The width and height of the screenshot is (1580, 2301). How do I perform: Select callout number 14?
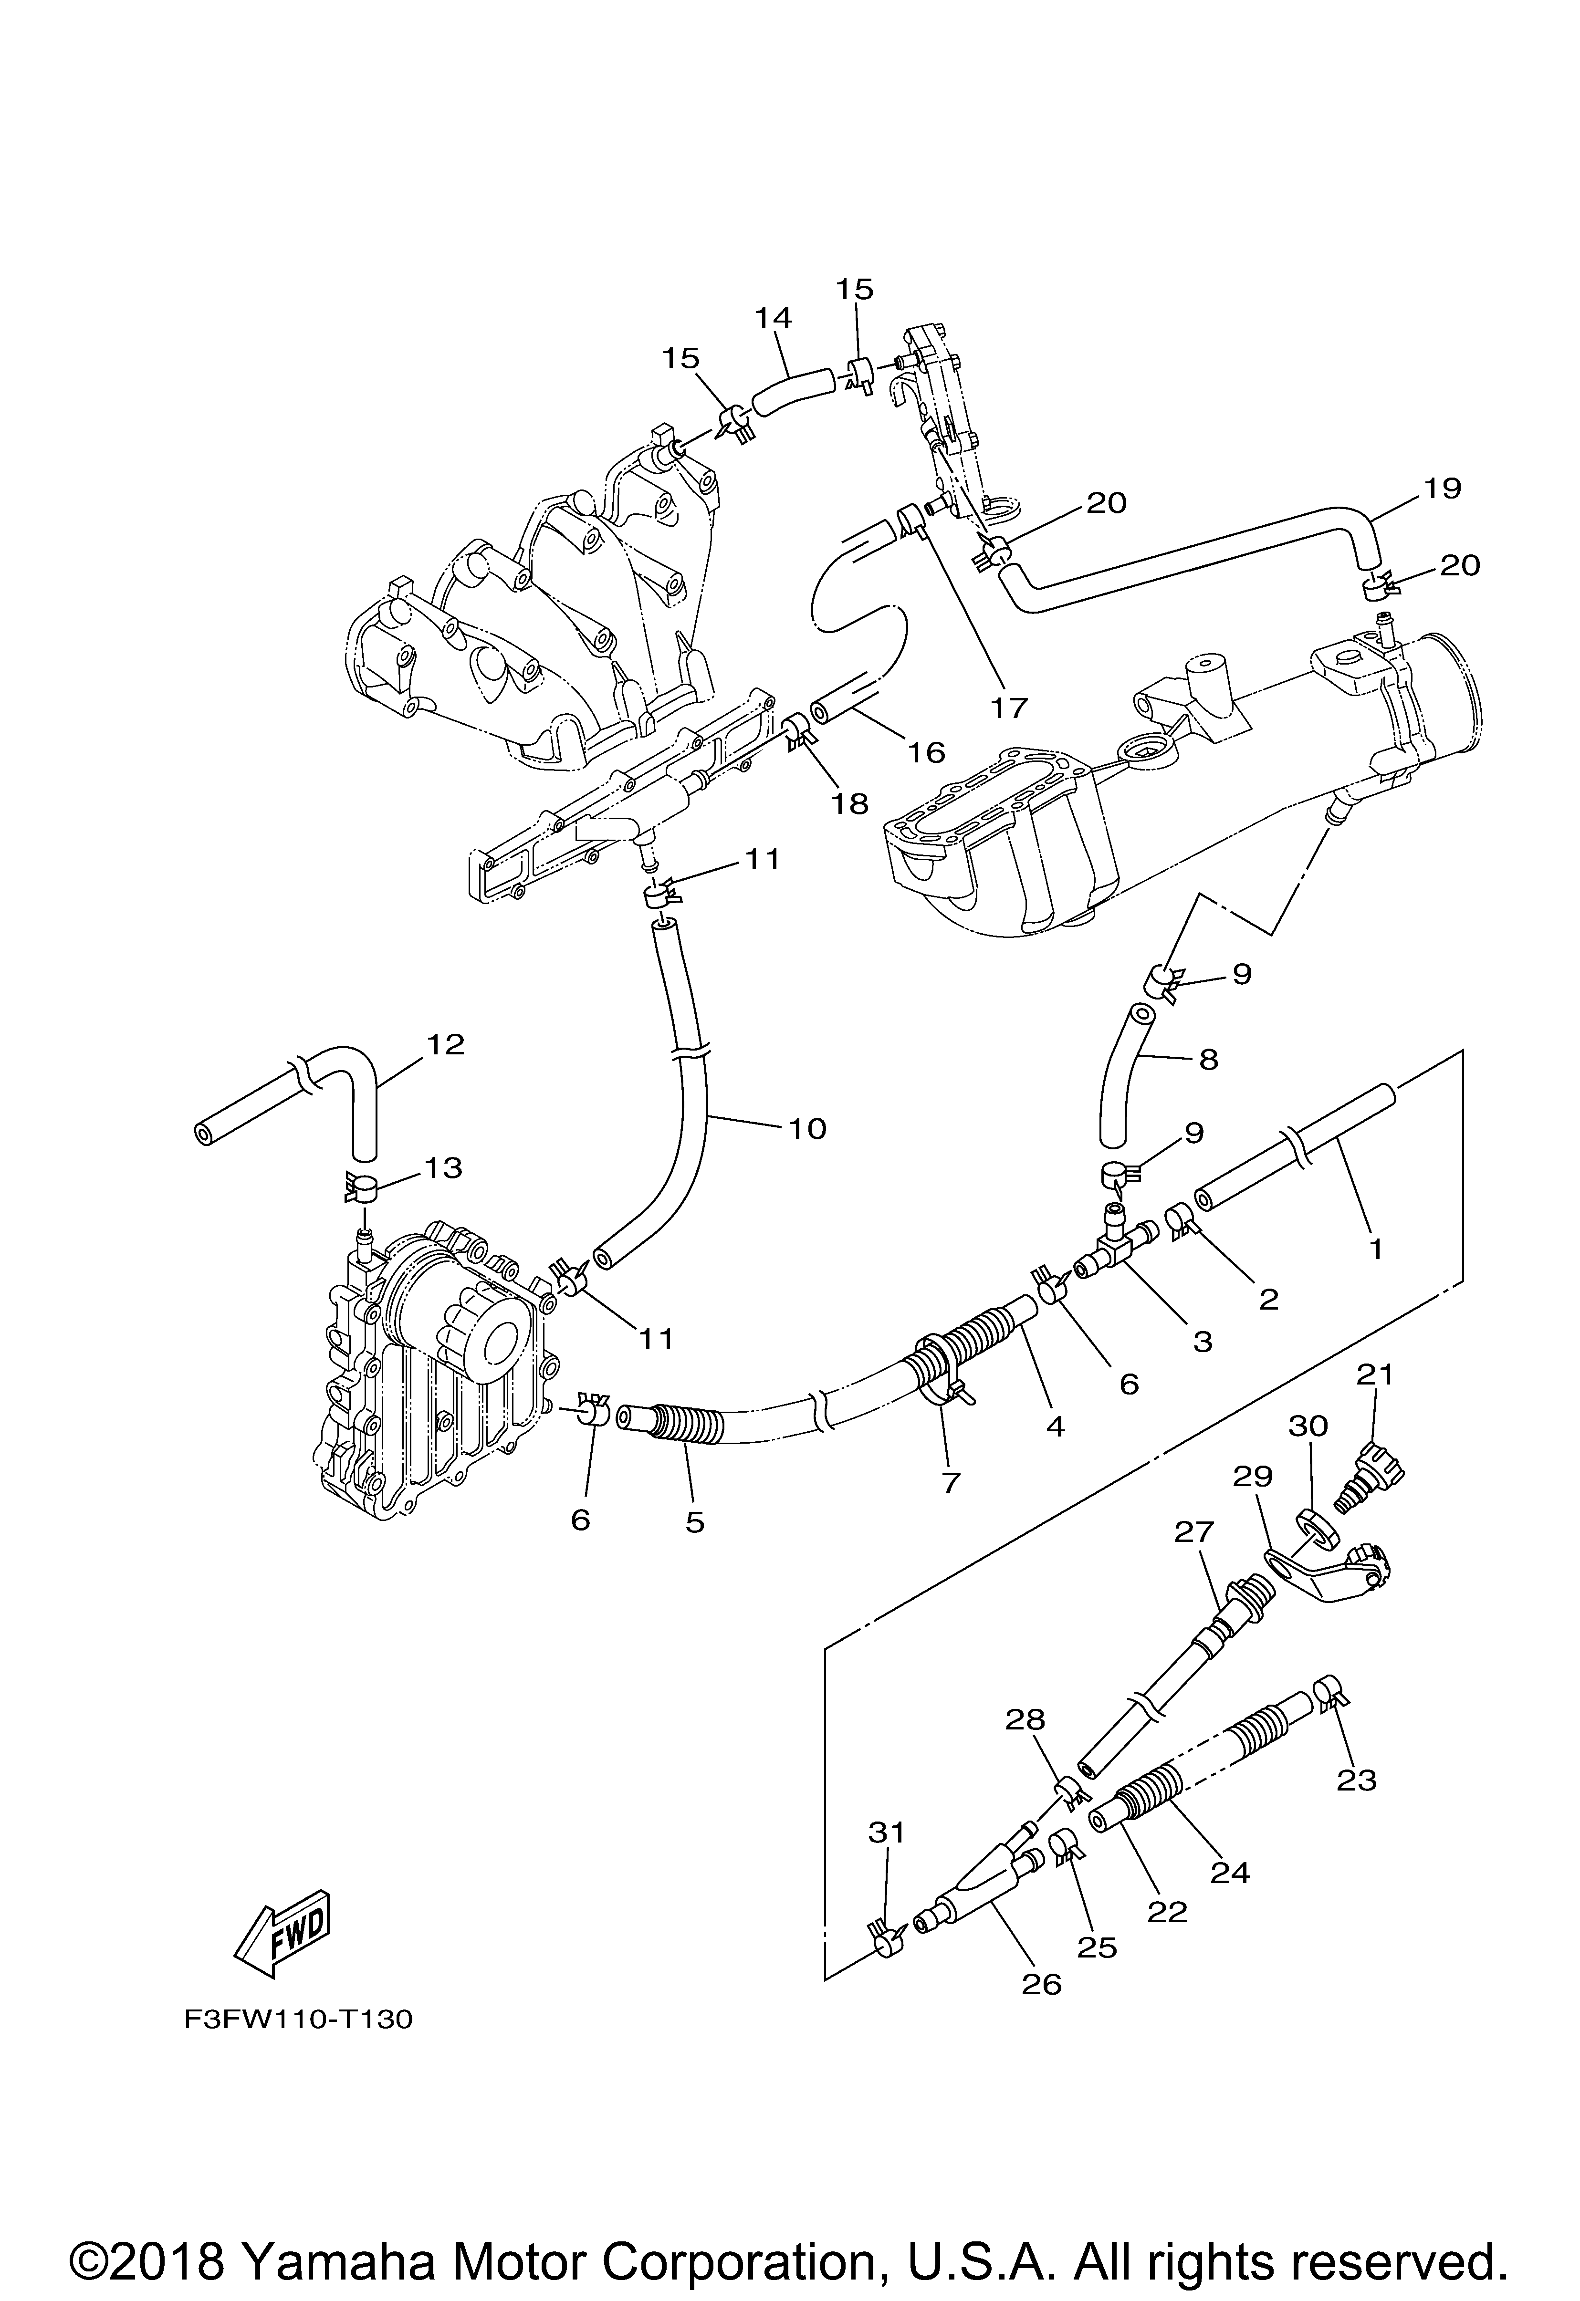tap(774, 318)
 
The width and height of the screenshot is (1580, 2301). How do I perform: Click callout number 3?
tap(1203, 1342)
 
